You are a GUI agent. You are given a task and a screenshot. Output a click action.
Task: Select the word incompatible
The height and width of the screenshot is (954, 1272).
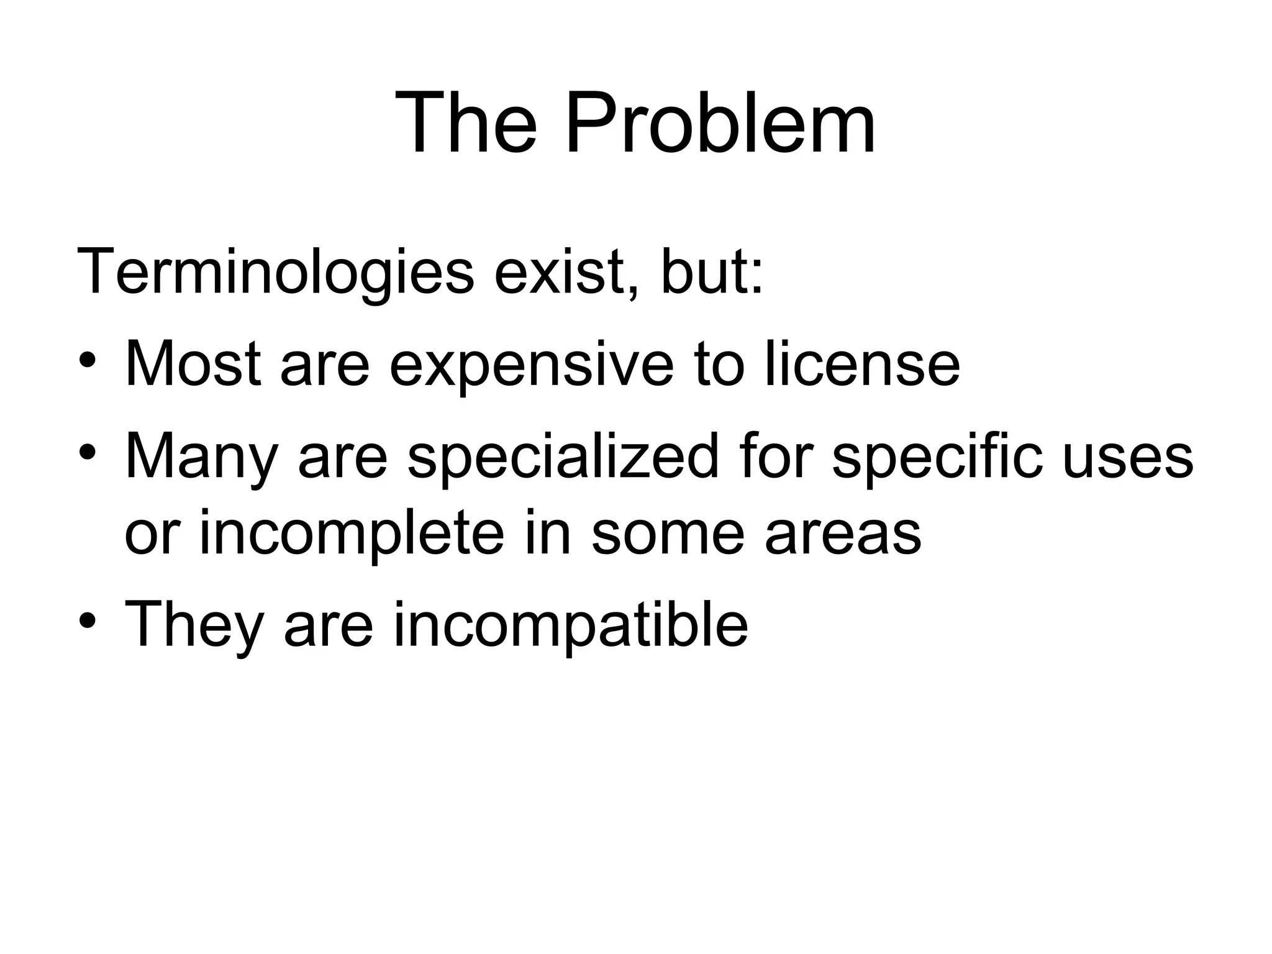[571, 626]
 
